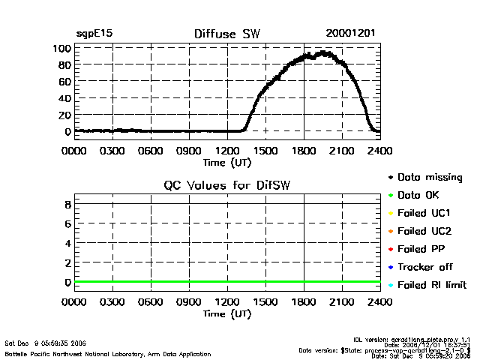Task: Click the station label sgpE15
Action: coord(94,34)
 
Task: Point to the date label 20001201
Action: coord(351,34)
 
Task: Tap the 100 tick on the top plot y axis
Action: coord(61,48)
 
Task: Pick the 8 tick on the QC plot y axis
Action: coord(67,204)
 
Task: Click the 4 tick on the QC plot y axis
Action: coord(67,243)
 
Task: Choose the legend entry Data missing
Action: coord(425,178)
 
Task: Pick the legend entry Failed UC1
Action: coord(422,214)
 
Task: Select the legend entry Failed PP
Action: coord(420,249)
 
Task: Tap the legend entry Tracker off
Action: coord(422,267)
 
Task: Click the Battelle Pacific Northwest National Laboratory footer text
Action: coord(108,353)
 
